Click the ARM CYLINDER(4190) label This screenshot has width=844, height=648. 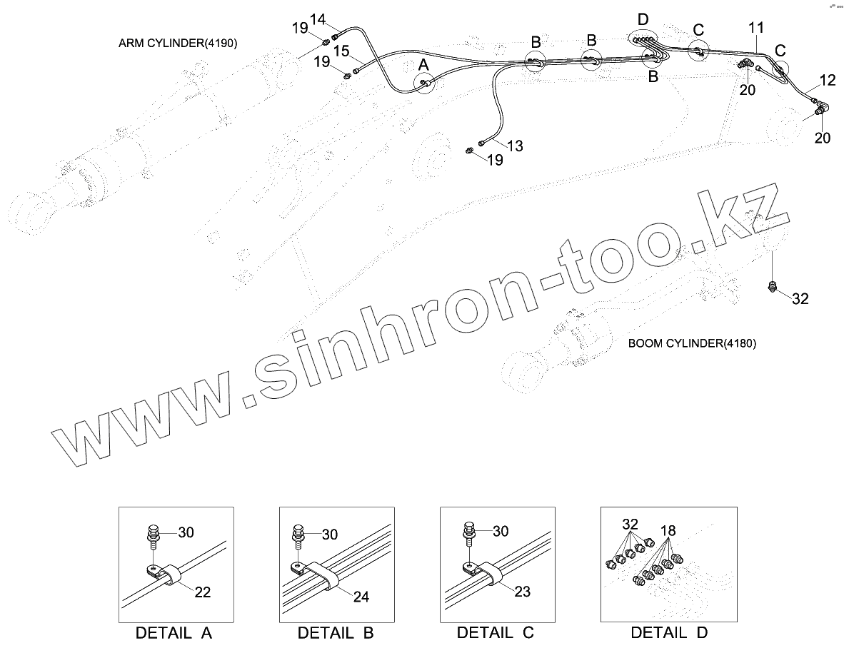[178, 44]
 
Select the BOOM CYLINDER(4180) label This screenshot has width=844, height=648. [692, 344]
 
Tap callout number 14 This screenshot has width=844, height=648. [318, 19]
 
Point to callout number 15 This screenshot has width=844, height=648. [341, 51]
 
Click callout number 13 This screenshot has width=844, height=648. [514, 146]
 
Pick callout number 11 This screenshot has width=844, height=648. [756, 28]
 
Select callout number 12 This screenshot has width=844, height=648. [827, 80]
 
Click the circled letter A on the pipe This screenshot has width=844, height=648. [423, 65]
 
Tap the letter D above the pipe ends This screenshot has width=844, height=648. [643, 19]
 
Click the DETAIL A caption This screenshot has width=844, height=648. [174, 632]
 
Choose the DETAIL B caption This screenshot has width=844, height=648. [336, 632]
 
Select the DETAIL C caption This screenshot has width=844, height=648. [496, 632]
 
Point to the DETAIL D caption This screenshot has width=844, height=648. [669, 632]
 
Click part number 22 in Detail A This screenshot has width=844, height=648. [204, 592]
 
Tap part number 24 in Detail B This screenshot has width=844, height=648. [361, 597]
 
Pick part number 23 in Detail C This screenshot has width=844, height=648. [523, 591]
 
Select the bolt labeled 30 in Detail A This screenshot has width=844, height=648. [154, 535]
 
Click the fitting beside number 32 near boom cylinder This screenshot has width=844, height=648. [772, 287]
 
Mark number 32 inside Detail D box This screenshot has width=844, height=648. [630, 523]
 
